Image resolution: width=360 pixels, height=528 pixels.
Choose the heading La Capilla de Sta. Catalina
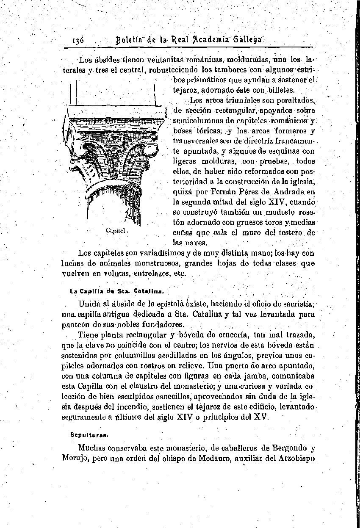116,291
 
